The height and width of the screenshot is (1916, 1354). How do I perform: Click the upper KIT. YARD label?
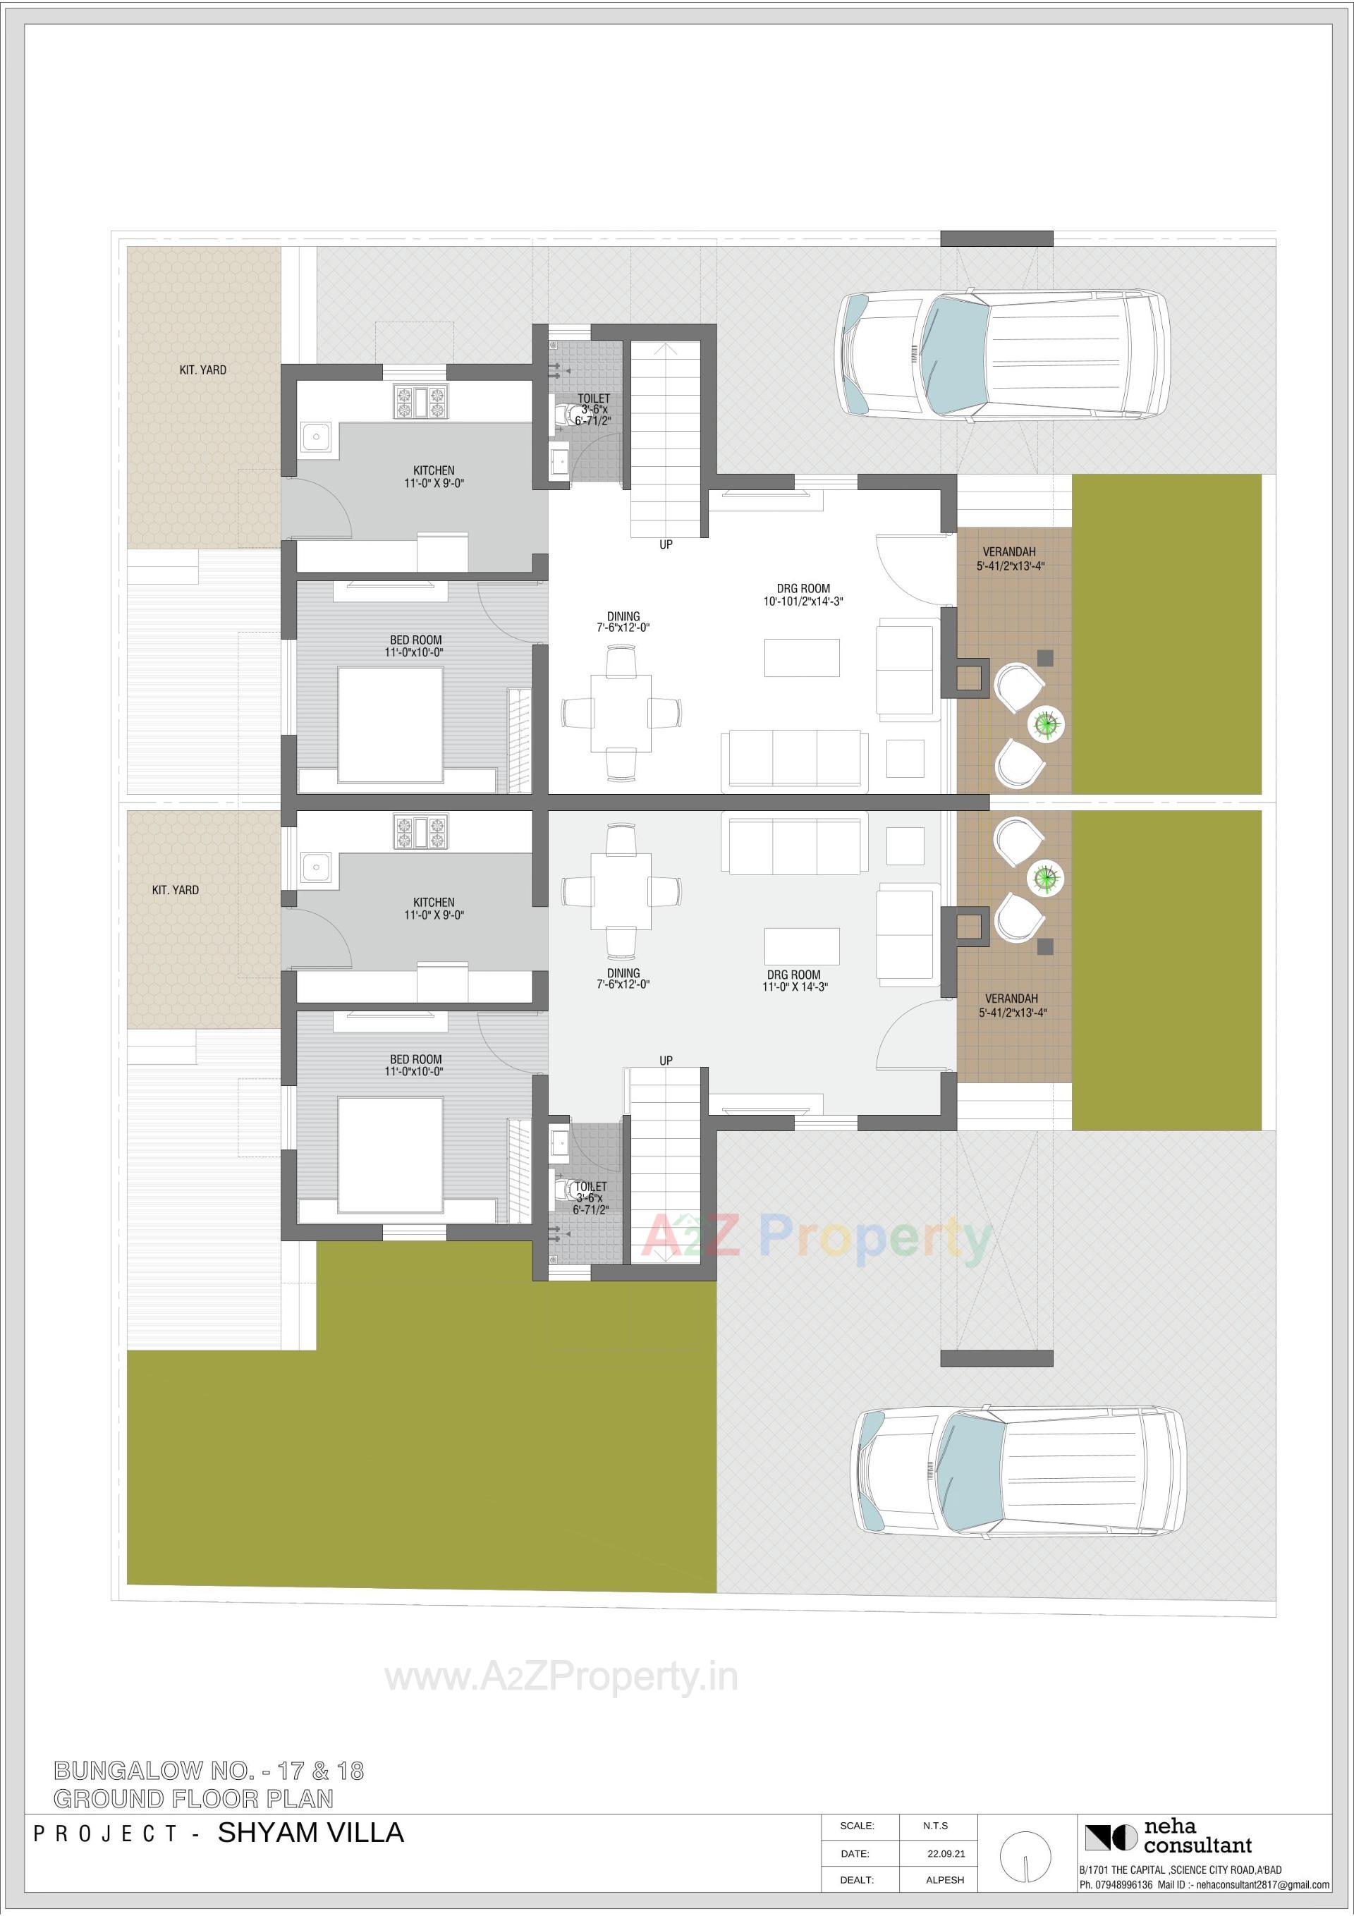203,370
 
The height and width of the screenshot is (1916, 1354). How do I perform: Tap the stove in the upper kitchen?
421,401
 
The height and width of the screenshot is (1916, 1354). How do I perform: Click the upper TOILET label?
594,399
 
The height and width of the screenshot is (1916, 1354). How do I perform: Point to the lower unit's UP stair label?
665,1061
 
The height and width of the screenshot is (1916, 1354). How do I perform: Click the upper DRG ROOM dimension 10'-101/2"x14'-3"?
803,601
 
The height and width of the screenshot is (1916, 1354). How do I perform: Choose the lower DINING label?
623,973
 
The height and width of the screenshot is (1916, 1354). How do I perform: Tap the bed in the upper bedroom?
390,724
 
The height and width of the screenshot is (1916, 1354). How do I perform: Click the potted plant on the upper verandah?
1044,723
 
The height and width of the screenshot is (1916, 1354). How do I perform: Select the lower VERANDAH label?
1011,998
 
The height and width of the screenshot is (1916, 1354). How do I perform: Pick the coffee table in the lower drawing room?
801,946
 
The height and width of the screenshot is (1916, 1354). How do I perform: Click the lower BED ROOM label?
415,1059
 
